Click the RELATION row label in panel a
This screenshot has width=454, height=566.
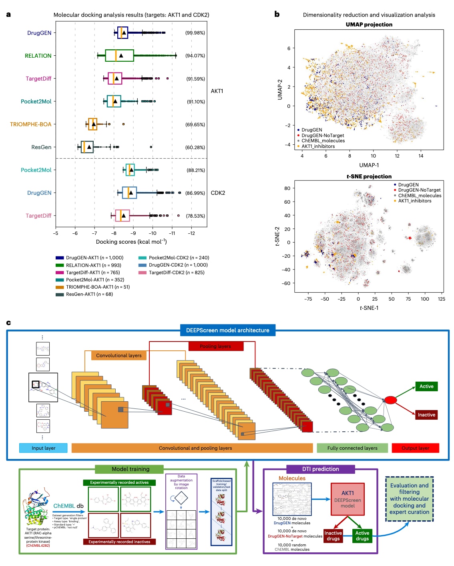point(38,56)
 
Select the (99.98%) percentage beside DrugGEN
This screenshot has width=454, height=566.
point(195,33)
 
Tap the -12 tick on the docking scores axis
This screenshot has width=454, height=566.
point(191,233)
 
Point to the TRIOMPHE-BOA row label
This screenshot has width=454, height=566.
point(31,124)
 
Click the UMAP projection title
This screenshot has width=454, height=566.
point(369,24)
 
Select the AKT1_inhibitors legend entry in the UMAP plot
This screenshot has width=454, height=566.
point(318,146)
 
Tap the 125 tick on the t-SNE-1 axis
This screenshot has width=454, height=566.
point(441,299)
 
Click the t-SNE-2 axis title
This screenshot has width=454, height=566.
point(277,237)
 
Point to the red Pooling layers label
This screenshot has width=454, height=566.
point(216,346)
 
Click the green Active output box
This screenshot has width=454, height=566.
point(426,386)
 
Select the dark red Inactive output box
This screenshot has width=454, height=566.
point(426,415)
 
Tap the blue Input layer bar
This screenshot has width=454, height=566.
point(43,448)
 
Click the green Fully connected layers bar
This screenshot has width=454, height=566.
point(352,448)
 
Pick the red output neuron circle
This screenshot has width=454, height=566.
point(390,400)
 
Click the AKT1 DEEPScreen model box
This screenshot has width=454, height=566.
point(348,499)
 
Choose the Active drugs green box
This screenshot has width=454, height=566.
point(362,536)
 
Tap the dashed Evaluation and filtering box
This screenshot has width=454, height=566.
point(409,499)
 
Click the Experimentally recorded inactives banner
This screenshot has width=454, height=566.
point(119,542)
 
